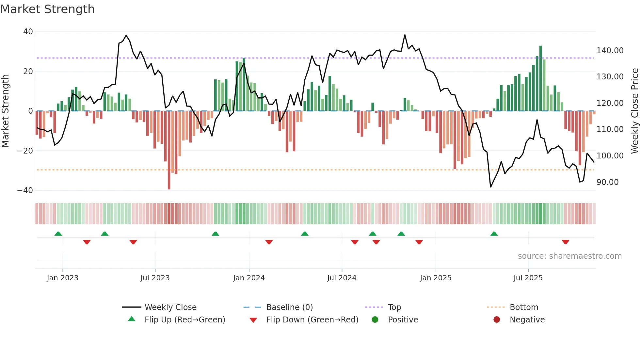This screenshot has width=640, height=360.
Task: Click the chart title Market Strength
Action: pyautogui.click(x=47, y=9)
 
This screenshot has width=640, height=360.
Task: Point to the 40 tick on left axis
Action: pyautogui.click(x=28, y=32)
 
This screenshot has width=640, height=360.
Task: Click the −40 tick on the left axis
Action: pyautogui.click(x=25, y=190)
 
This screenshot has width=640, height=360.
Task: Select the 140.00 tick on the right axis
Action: pyautogui.click(x=610, y=51)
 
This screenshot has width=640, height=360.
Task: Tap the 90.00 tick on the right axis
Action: pyautogui.click(x=607, y=182)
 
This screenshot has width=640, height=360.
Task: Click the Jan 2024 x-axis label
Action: pyautogui.click(x=249, y=278)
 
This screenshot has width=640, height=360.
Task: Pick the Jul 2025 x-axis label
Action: pyautogui.click(x=528, y=278)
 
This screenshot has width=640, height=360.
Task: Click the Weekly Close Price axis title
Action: pyautogui.click(x=634, y=111)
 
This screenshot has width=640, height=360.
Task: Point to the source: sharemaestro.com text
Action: pyautogui.click(x=569, y=256)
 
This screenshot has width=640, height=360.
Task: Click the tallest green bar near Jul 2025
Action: pyautogui.click(x=540, y=78)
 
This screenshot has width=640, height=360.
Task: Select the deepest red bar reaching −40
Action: pyautogui.click(x=169, y=150)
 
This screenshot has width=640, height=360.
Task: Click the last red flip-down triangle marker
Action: pyautogui.click(x=566, y=242)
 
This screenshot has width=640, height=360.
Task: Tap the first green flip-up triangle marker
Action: pyautogui.click(x=58, y=234)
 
